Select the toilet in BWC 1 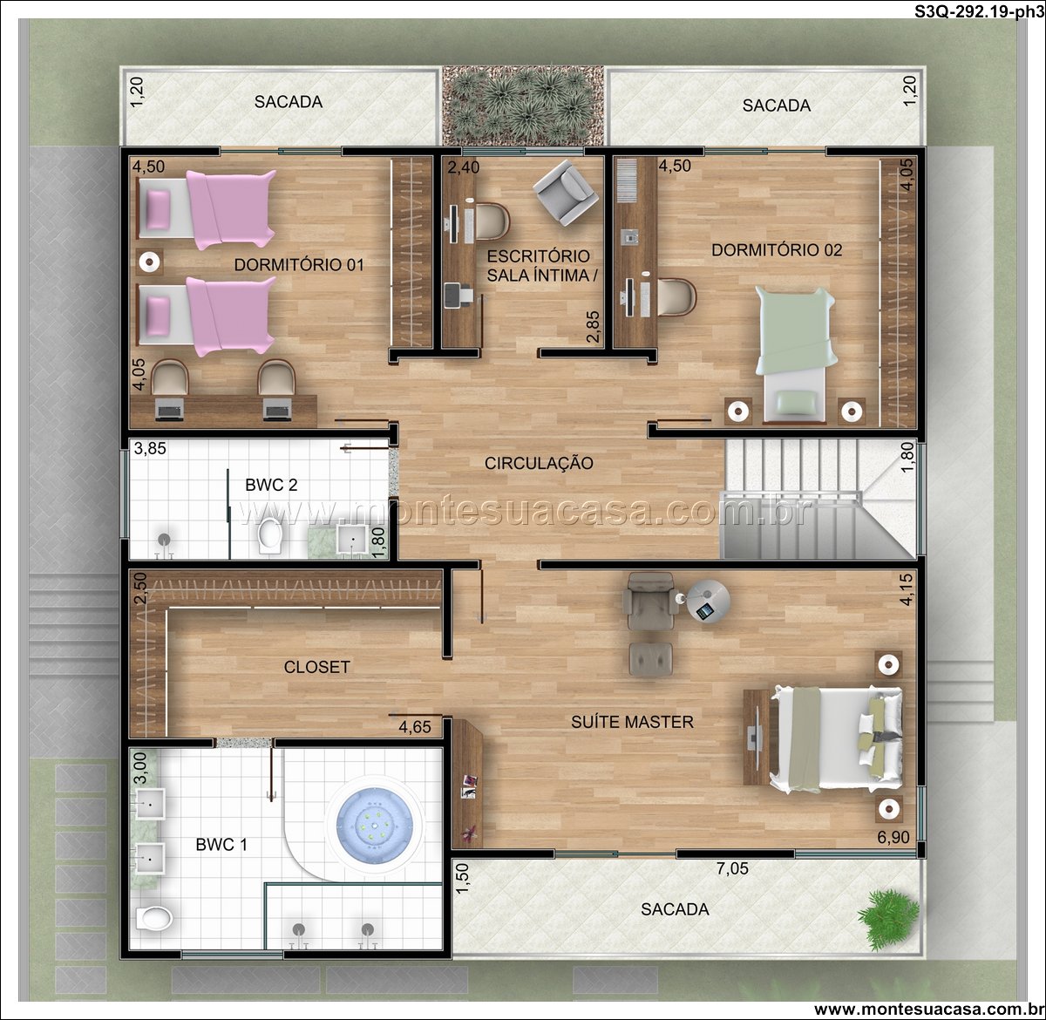click(153, 918)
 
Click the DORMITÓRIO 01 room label click(299, 264)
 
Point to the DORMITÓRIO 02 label click(777, 250)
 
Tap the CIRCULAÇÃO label click(539, 463)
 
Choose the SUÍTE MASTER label click(632, 722)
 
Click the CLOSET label click(316, 667)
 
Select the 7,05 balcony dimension click(732, 868)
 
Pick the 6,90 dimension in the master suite click(893, 837)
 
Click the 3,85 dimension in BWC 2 click(150, 448)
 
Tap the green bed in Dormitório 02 click(796, 354)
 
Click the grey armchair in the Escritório click(566, 192)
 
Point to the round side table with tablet click(709, 602)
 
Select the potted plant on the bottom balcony click(888, 919)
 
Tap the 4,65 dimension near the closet click(415, 727)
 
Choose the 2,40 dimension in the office click(464, 167)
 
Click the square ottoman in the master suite click(651, 658)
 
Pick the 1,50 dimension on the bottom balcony click(462, 879)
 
